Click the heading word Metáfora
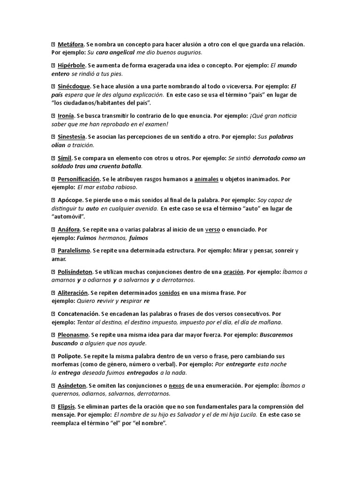coord(71,44)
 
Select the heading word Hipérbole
coord(72,65)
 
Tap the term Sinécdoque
coord(74,86)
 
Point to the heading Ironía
coord(65,115)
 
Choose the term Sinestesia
coord(71,136)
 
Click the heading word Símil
coord(64,158)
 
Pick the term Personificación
coord(79,179)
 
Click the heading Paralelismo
coord(74,251)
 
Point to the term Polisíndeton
coord(75,272)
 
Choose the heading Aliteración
coord(73,293)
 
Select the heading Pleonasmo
coord(73,335)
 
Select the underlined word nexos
coord(176,385)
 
